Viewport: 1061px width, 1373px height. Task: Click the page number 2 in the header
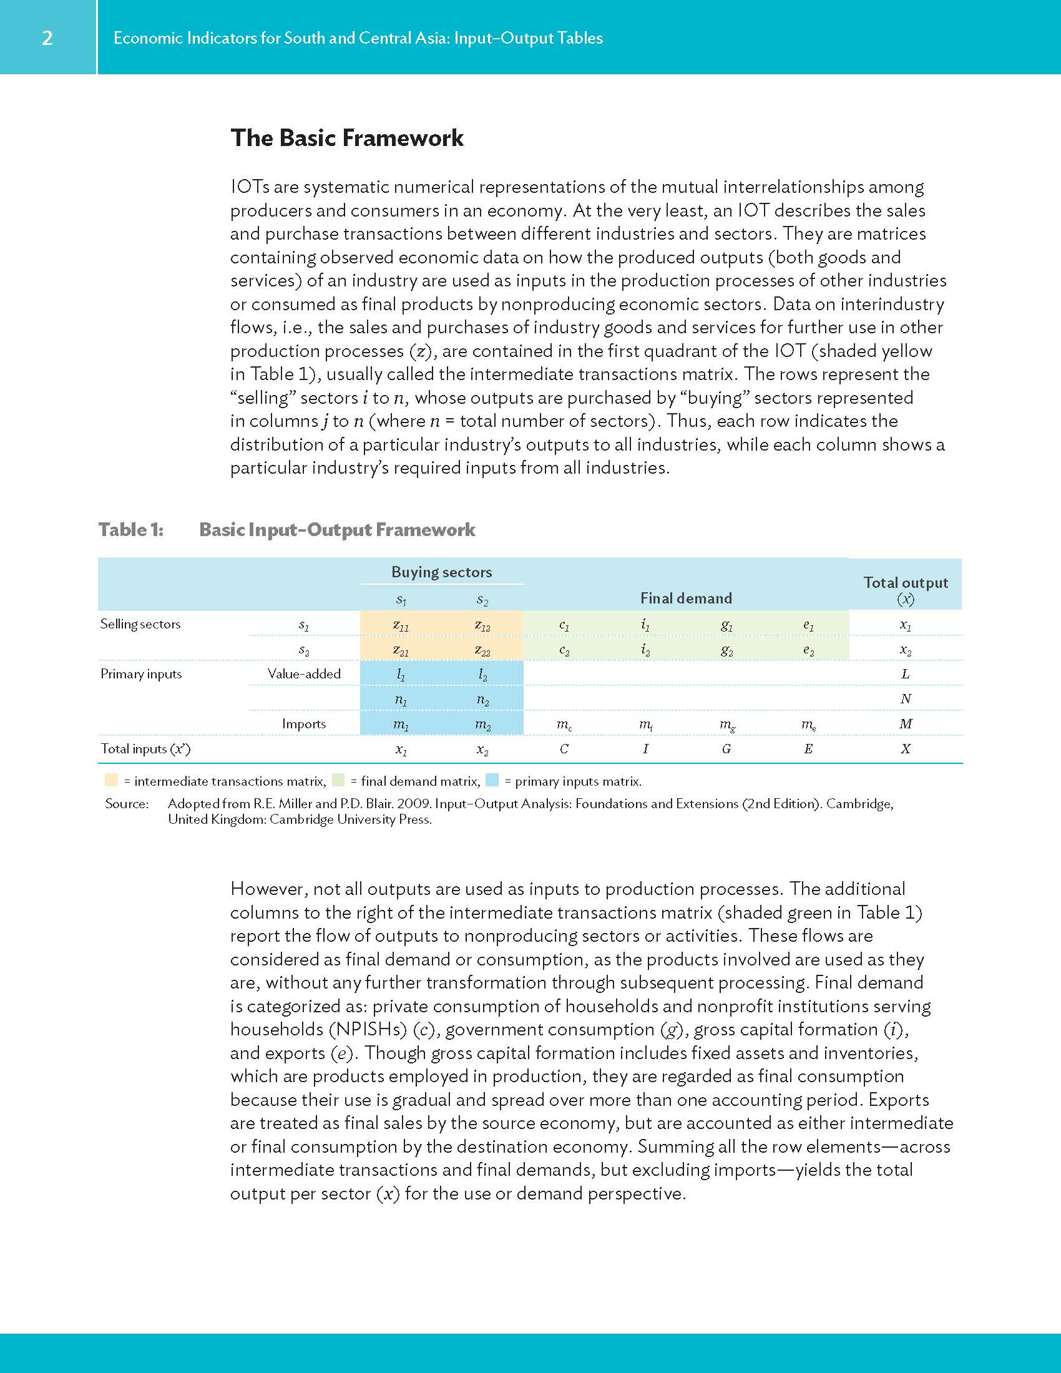[x=47, y=38]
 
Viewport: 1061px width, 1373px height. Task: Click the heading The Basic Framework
[x=346, y=138]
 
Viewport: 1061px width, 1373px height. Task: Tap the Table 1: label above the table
[x=130, y=529]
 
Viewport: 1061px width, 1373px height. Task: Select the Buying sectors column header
[x=441, y=572]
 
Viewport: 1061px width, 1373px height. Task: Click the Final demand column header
[x=686, y=598]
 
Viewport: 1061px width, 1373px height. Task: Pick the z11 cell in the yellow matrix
[x=401, y=625]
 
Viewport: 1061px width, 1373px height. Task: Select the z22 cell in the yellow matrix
[x=482, y=651]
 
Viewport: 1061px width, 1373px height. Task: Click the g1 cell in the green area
[x=726, y=625]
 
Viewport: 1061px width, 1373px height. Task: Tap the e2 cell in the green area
[x=808, y=651]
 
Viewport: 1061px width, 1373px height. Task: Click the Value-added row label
[x=303, y=674]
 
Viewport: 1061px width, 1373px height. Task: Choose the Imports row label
[x=303, y=723]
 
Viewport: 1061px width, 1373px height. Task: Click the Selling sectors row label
[x=140, y=623]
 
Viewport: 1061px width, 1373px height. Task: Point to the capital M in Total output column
[x=905, y=723]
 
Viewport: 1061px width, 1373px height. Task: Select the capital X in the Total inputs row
[x=905, y=749]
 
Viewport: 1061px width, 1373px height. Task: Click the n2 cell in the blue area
[x=482, y=700]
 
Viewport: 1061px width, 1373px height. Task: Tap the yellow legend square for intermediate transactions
[x=111, y=780]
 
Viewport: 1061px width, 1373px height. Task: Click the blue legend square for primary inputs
[x=492, y=780]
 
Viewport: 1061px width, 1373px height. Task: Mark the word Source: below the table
[x=127, y=803]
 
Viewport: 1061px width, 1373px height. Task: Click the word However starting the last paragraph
[x=267, y=889]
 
